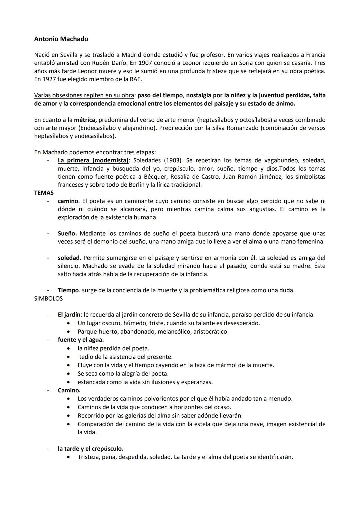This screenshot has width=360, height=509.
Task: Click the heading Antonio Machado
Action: [61, 39]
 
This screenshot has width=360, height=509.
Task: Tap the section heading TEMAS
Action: [44, 193]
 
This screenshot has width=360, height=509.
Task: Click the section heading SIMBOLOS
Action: [48, 299]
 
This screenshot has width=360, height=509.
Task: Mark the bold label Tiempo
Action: [68, 290]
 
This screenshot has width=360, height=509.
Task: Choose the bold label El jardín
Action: [69, 315]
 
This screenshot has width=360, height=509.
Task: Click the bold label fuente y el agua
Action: [81, 340]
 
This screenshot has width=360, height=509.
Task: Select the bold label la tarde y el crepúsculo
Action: [90, 449]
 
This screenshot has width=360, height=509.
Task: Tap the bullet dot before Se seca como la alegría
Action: [69, 374]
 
